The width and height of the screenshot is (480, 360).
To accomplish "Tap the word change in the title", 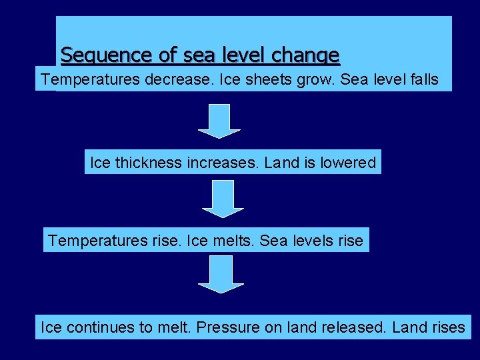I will pos(309,55).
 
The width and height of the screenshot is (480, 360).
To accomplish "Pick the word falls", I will pos(421,80).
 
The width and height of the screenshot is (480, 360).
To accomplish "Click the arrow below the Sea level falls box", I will pos(219,121).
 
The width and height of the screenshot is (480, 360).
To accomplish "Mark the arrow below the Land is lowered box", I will pos(223,199).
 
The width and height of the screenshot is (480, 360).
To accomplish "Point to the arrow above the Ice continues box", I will pos(221,274).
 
